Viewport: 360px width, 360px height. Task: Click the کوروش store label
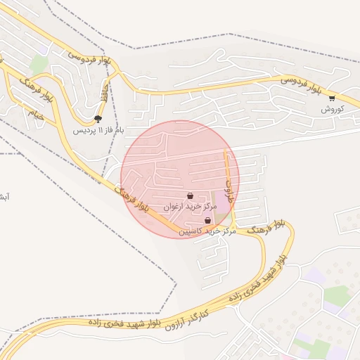pos(332,109)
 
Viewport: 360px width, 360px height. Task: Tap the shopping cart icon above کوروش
pos(332,98)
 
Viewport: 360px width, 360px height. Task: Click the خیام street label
pos(37,114)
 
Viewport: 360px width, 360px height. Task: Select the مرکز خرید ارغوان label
pos(188,207)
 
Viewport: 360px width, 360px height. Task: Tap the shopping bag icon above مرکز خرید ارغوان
pos(191,196)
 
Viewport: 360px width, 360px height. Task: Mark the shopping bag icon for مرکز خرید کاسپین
pos(207,220)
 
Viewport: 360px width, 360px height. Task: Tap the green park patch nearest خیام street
pos(39,65)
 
